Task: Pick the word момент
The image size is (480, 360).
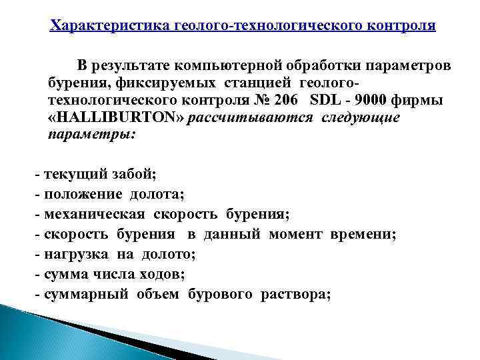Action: click(x=297, y=235)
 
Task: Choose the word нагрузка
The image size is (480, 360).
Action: click(x=73, y=254)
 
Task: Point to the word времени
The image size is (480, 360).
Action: click(x=364, y=235)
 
